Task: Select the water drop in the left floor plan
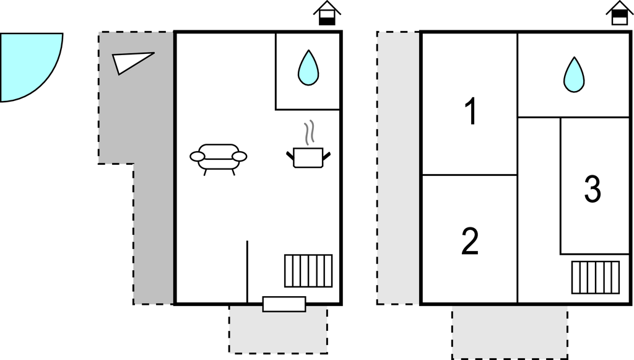(x=308, y=68)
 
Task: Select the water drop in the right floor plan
(x=574, y=75)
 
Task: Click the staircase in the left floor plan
(x=308, y=271)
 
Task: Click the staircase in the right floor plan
(x=596, y=278)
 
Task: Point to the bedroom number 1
(x=471, y=112)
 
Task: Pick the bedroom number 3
(x=593, y=188)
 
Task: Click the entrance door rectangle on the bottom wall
(x=284, y=304)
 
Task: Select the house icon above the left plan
(x=327, y=13)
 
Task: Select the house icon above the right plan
(x=619, y=13)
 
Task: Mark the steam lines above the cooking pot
(x=309, y=133)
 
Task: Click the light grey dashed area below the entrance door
(x=278, y=329)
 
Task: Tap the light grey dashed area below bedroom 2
(x=510, y=332)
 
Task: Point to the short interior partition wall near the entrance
(x=247, y=272)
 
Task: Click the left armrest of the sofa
(x=198, y=156)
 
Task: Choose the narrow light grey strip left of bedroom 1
(x=398, y=168)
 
